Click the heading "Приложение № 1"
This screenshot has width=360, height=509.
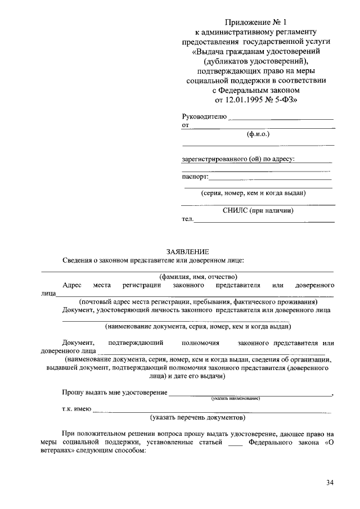(x=256, y=22)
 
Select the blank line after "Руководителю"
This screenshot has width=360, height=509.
(x=281, y=119)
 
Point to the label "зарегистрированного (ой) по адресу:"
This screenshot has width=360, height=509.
(x=238, y=159)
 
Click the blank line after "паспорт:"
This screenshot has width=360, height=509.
(x=271, y=178)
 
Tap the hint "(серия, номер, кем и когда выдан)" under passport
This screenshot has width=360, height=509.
(x=254, y=193)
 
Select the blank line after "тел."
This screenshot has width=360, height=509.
(x=264, y=223)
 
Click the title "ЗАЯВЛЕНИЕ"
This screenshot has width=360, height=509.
(x=188, y=251)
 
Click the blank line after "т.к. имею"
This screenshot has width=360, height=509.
(x=214, y=412)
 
